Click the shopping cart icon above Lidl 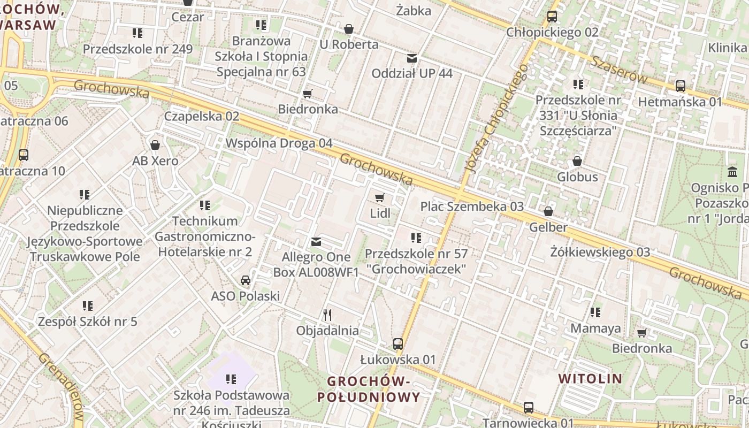pyautogui.click(x=380, y=198)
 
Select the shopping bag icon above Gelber pyautogui.click(x=548, y=212)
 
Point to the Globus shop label pyautogui.click(x=577, y=177)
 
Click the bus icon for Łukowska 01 pyautogui.click(x=398, y=344)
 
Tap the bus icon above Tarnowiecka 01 pyautogui.click(x=529, y=408)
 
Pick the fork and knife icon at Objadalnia pyautogui.click(x=327, y=315)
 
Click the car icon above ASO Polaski pyautogui.click(x=245, y=280)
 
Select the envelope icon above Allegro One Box pyautogui.click(x=316, y=242)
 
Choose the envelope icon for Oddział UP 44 pyautogui.click(x=412, y=58)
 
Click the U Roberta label pyautogui.click(x=349, y=44)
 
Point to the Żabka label pyautogui.click(x=414, y=10)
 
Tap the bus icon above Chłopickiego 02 pyautogui.click(x=552, y=17)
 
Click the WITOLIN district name pyautogui.click(x=590, y=379)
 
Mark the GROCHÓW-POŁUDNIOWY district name pyautogui.click(x=368, y=389)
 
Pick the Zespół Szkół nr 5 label pyautogui.click(x=87, y=322)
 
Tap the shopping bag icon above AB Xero pyautogui.click(x=155, y=145)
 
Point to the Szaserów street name pyautogui.click(x=620, y=70)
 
